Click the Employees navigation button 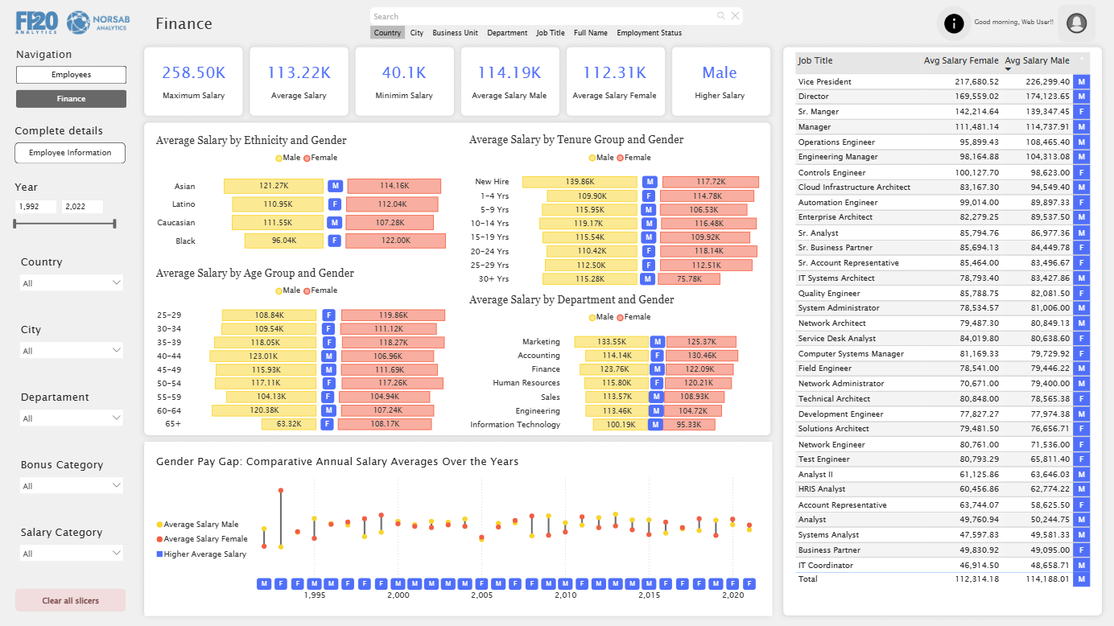click(x=71, y=75)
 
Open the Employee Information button click(x=70, y=153)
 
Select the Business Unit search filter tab click(x=455, y=33)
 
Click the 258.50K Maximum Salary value click(x=193, y=72)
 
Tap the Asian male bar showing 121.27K click(x=274, y=186)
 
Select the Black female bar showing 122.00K click(x=396, y=241)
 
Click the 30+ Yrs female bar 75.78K click(x=689, y=279)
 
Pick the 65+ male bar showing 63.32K click(x=289, y=424)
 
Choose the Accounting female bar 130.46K click(x=702, y=356)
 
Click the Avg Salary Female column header click(x=961, y=60)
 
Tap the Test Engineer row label click(x=823, y=459)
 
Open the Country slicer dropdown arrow click(x=117, y=282)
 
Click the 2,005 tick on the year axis click(x=481, y=595)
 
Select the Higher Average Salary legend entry click(x=201, y=554)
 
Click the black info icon click(x=954, y=23)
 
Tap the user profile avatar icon click(x=1077, y=23)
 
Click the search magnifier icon click(x=720, y=16)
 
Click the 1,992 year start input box click(x=35, y=206)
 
